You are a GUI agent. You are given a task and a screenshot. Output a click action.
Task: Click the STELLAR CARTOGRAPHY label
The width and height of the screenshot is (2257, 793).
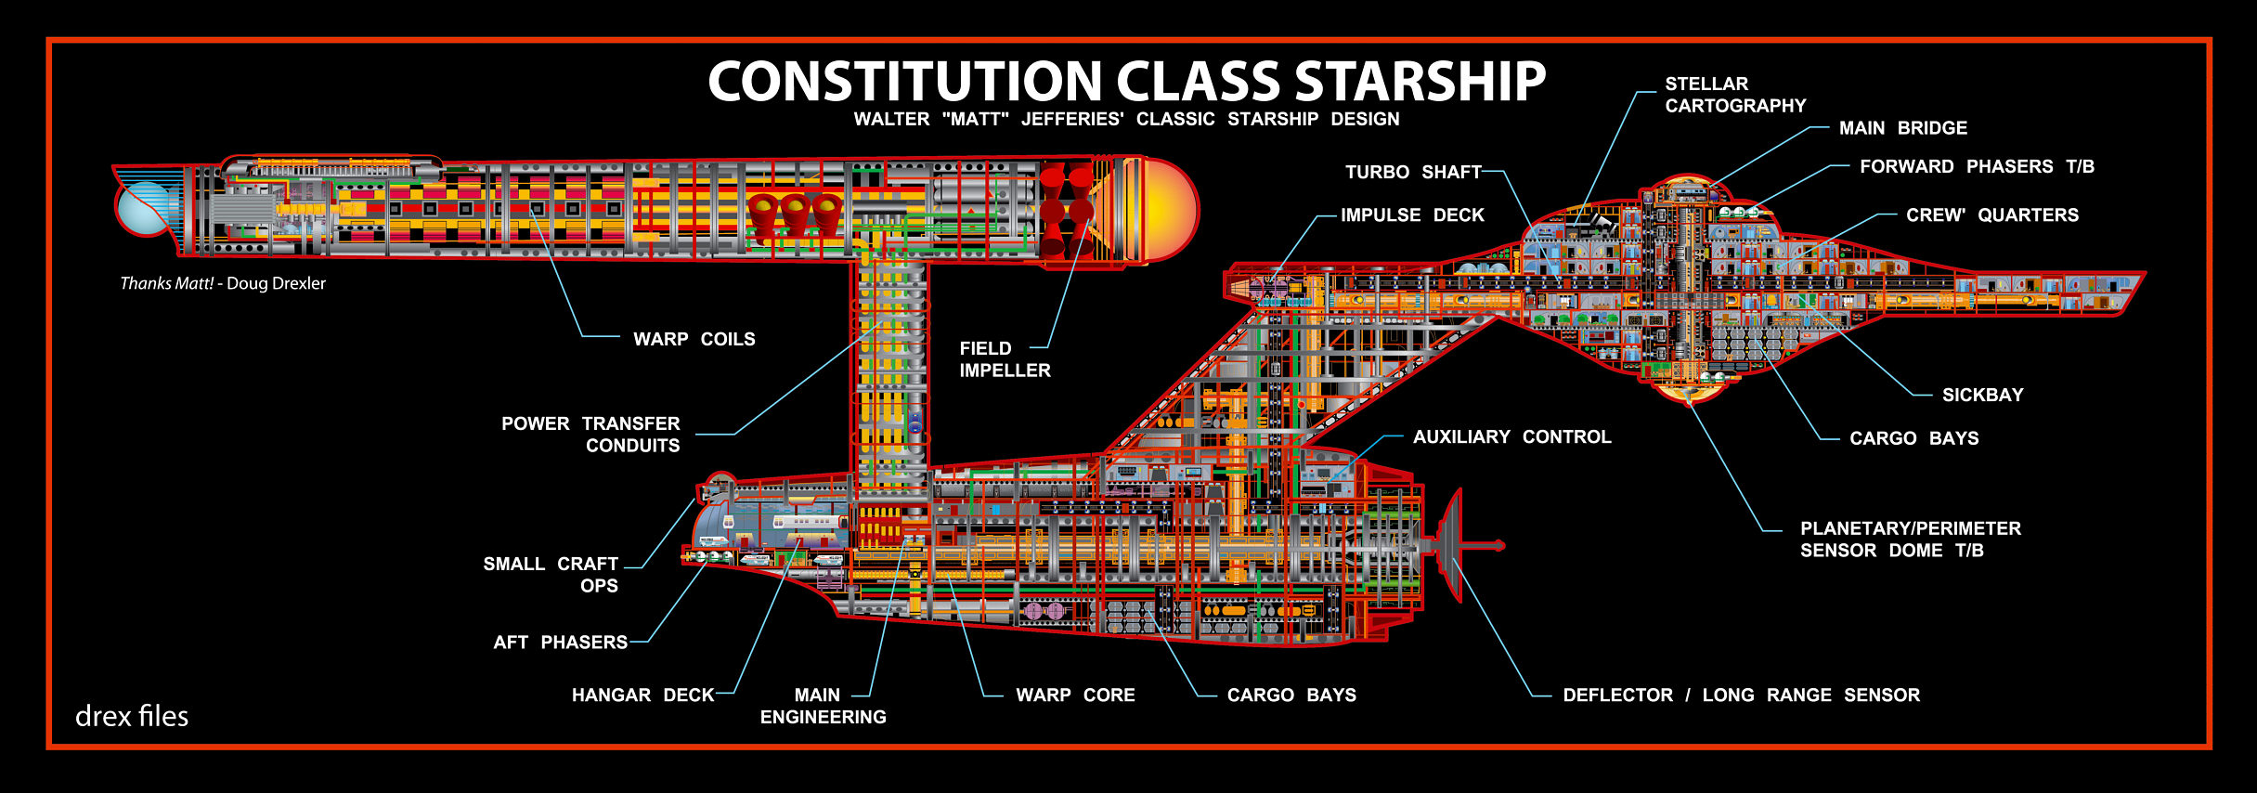(x=1734, y=95)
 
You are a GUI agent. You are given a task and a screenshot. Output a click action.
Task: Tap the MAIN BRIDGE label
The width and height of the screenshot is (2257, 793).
(x=1902, y=128)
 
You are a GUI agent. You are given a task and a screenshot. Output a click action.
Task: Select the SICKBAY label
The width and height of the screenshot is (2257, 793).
(x=1982, y=395)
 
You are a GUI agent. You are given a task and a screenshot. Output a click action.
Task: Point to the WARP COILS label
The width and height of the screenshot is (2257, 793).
(x=694, y=339)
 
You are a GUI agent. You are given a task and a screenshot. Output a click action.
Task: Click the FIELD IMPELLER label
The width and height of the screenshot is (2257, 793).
(x=1005, y=359)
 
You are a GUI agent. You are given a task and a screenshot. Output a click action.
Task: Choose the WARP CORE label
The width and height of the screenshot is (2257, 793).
(x=1075, y=695)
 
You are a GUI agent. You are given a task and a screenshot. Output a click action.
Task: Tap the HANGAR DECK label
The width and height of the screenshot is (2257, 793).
(x=642, y=695)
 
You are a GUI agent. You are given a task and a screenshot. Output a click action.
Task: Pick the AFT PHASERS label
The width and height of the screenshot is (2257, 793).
(x=560, y=642)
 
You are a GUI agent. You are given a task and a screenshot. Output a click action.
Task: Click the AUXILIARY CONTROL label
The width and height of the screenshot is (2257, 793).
(x=1511, y=436)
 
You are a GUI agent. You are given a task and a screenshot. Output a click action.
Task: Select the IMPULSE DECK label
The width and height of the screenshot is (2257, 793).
(x=1412, y=214)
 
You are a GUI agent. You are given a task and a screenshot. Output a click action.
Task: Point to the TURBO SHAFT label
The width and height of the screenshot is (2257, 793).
(x=1413, y=172)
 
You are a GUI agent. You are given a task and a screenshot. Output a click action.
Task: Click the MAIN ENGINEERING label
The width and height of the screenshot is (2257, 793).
(x=823, y=706)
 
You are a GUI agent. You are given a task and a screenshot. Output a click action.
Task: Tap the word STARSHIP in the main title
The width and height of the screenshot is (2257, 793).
(x=1420, y=82)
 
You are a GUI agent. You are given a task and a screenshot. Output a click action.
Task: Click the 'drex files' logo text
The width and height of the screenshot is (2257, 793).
(x=132, y=716)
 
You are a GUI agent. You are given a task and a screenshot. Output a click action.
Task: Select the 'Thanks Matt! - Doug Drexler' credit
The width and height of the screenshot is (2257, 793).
(x=223, y=283)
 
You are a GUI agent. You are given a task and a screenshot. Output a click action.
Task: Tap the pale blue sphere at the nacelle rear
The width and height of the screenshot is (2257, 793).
(x=144, y=207)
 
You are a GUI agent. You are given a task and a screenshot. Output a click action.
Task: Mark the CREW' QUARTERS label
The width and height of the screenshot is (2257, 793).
(x=1991, y=214)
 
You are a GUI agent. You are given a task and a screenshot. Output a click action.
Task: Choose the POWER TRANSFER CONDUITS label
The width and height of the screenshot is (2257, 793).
(x=590, y=435)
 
